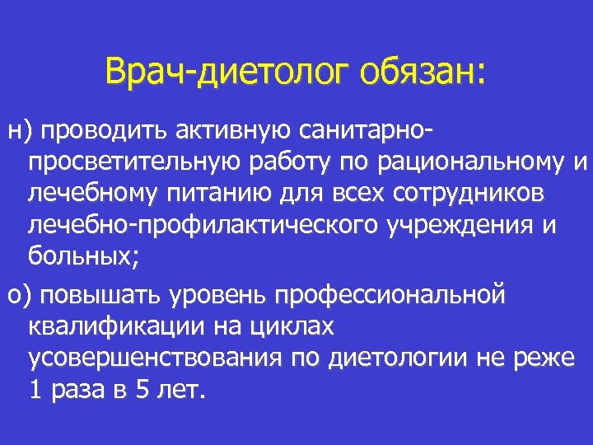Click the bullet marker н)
(x=19, y=129)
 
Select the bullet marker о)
(x=19, y=294)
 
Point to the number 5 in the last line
(x=141, y=390)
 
